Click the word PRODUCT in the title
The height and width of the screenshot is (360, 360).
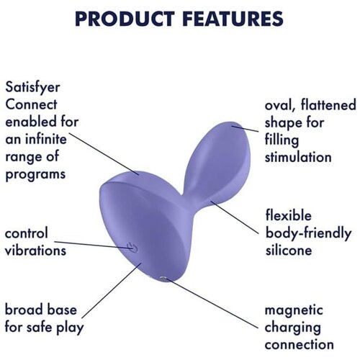click(x=125, y=19)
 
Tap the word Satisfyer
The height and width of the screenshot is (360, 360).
click(x=32, y=88)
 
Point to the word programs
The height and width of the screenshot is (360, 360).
click(x=35, y=175)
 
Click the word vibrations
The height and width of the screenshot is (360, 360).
click(x=35, y=251)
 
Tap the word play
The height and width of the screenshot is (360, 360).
click(x=70, y=328)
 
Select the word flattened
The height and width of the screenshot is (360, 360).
click(x=328, y=105)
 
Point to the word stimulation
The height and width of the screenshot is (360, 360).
click(x=298, y=157)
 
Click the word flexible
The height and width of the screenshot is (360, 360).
click(x=288, y=215)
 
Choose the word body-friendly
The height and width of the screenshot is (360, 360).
click(x=308, y=233)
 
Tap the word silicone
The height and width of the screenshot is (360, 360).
click(x=289, y=250)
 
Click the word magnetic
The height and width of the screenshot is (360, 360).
click(x=294, y=310)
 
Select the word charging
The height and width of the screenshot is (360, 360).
click(x=292, y=328)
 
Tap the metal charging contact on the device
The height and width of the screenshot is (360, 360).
click(x=163, y=279)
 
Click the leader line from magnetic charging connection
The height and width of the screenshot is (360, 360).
click(x=212, y=304)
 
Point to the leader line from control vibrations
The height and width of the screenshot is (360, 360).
click(x=93, y=246)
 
